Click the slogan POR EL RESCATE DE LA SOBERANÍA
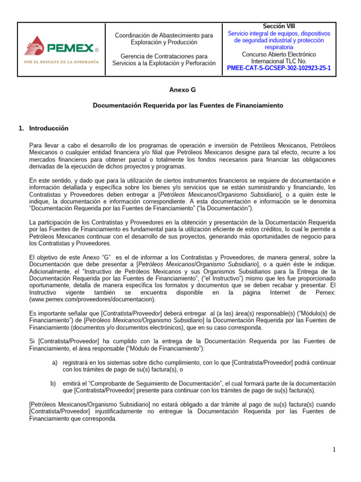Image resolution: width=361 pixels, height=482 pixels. [61, 62]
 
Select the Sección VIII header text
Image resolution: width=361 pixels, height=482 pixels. [279, 26]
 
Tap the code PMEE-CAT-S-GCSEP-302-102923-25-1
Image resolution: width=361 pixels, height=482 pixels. [279, 68]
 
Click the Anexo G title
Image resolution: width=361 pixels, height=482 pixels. [182, 89]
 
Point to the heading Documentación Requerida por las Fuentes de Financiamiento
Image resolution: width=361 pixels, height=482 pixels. [188, 106]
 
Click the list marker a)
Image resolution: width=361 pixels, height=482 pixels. [55, 363]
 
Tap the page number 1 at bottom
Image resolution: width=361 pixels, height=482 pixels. [333, 450]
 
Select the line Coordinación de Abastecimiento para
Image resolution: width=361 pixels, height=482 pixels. [164, 35]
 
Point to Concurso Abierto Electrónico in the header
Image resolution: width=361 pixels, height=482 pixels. [279, 54]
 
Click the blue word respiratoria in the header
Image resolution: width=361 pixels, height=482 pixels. [279, 47]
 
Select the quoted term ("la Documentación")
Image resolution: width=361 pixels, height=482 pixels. [226, 209]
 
